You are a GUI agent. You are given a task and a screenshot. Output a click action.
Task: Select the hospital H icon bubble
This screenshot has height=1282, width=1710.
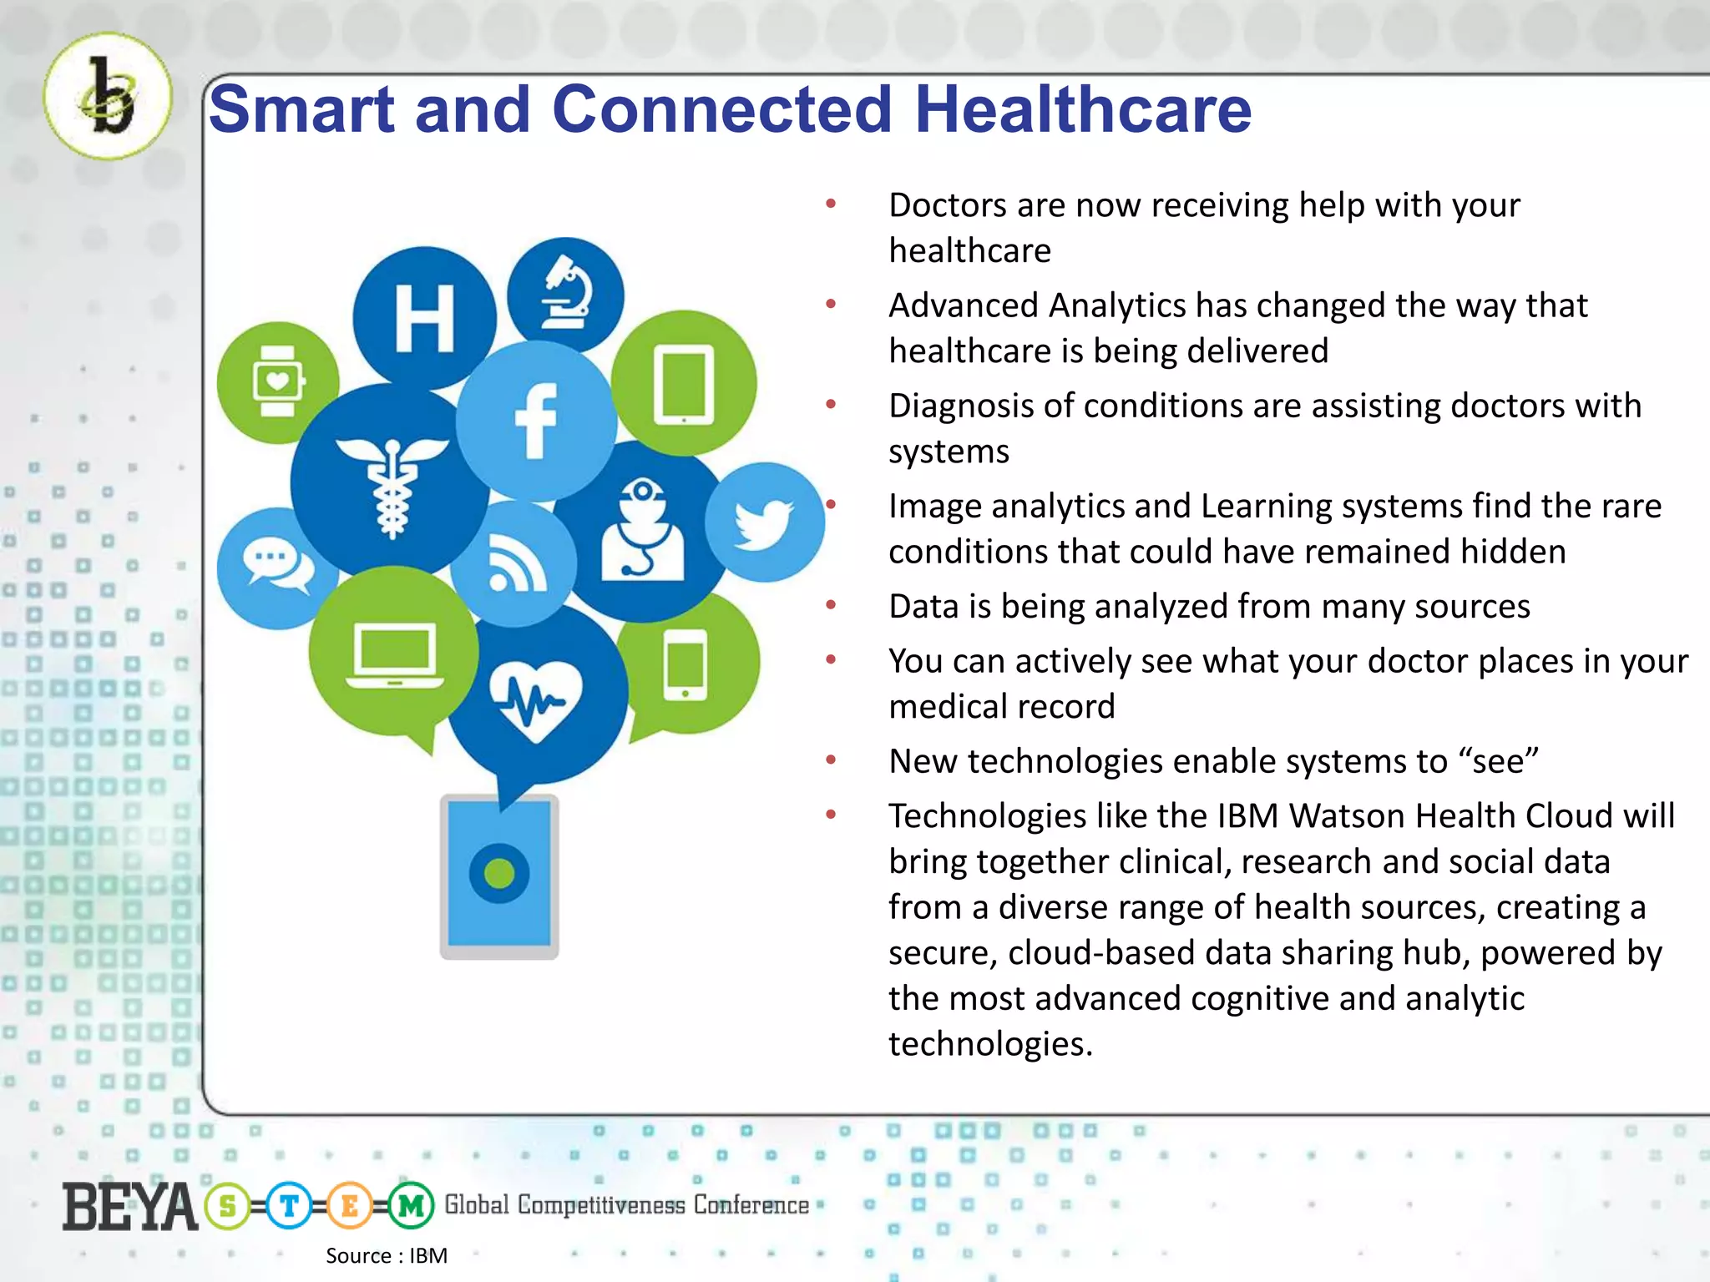tap(424, 318)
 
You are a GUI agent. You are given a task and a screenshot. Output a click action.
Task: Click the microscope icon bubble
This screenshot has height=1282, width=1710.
tap(566, 294)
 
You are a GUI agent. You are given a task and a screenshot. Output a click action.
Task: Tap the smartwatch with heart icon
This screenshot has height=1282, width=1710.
tap(277, 382)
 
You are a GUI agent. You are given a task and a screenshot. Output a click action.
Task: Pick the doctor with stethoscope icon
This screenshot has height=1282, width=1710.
tap(641, 531)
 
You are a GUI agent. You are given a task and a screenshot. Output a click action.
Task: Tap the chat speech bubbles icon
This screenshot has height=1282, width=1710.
tap(276, 565)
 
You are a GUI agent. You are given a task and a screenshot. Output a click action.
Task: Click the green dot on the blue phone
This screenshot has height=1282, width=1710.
tap(499, 874)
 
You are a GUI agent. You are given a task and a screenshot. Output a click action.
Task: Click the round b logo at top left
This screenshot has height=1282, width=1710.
tap(108, 97)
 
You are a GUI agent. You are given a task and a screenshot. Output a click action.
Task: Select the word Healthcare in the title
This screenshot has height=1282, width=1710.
tap(1083, 109)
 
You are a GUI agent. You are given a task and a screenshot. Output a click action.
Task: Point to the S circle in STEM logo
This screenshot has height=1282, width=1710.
tap(227, 1206)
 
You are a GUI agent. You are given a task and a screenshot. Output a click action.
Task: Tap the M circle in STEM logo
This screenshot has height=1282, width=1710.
tap(411, 1206)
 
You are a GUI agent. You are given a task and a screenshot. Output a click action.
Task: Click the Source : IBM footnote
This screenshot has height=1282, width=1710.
tap(387, 1255)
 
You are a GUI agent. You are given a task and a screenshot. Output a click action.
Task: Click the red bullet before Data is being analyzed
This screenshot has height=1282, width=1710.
tap(831, 605)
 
